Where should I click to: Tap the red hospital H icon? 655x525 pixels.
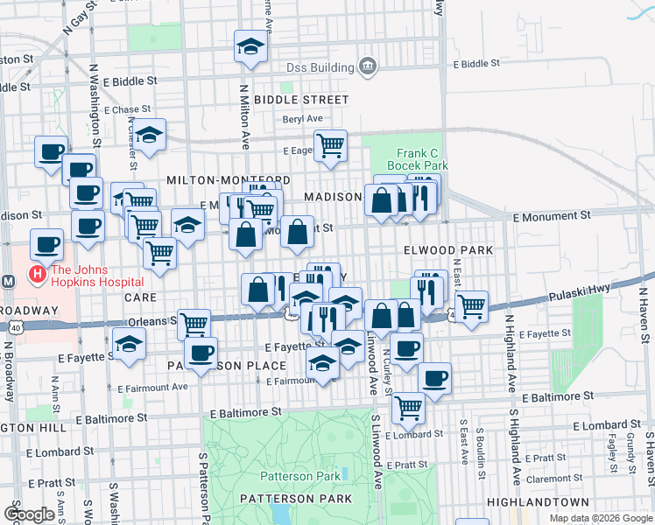(38, 275)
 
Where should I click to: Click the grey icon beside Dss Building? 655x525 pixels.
(367, 67)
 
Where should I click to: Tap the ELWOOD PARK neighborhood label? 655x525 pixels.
(447, 250)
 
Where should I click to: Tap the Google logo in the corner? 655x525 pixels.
(29, 514)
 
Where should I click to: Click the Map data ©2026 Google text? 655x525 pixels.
(601, 518)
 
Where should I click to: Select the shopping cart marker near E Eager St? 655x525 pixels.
(330, 145)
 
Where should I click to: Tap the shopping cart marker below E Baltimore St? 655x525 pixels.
(408, 406)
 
